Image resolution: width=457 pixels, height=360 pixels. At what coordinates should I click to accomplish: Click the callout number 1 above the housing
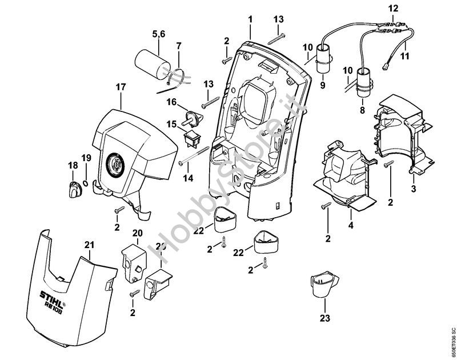coord(250,19)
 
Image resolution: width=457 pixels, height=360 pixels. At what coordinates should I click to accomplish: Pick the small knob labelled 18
coord(74,186)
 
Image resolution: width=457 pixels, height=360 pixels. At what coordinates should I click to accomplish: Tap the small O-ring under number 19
coord(85,183)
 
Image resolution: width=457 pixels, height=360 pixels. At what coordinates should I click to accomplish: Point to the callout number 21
coord(89,246)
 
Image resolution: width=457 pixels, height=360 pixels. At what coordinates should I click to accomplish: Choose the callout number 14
coord(188,178)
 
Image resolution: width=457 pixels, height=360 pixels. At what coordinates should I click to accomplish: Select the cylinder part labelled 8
coord(362,81)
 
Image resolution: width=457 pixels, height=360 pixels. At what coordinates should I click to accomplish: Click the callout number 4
coord(351,225)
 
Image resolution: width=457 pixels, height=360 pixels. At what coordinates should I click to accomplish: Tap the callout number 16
coord(172,102)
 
